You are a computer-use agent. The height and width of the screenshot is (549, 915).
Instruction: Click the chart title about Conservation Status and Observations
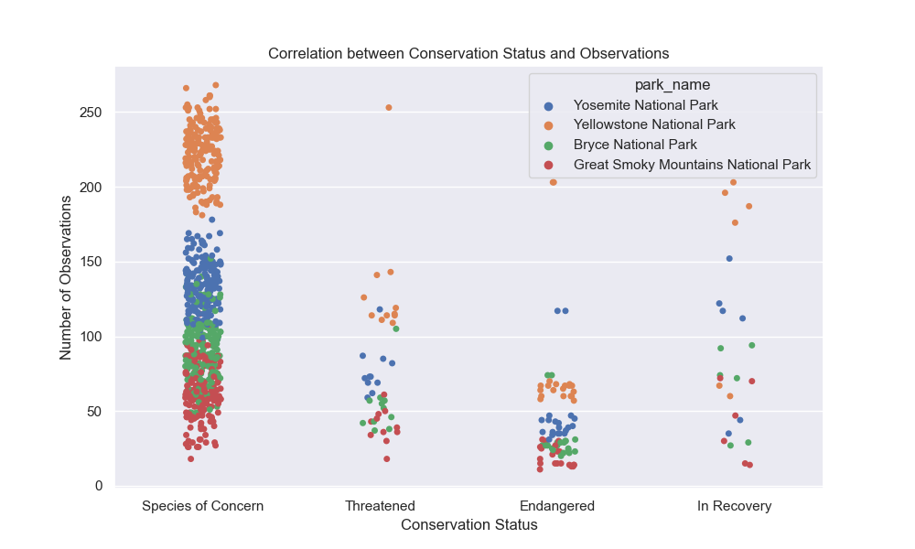tap(468, 54)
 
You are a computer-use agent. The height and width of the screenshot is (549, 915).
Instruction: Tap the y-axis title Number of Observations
tap(66, 276)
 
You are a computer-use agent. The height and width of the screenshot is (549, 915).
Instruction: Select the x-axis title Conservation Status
tap(468, 525)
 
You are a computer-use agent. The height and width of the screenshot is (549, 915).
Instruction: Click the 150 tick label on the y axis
tap(91, 262)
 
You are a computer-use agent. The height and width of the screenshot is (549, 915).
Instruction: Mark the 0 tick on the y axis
tap(100, 486)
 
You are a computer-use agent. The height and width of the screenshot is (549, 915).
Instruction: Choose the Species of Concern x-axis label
tap(202, 506)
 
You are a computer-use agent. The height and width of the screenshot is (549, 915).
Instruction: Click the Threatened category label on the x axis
tap(380, 506)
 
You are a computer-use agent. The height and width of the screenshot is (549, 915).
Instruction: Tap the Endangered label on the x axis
tap(557, 506)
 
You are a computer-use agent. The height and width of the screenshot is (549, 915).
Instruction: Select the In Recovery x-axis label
tap(734, 506)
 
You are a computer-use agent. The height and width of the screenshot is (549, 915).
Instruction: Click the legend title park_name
tap(673, 85)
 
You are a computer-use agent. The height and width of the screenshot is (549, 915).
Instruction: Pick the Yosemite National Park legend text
tap(645, 104)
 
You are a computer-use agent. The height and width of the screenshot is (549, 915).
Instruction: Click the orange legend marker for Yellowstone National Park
tap(548, 124)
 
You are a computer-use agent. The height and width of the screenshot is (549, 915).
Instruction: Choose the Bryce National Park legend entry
tap(635, 145)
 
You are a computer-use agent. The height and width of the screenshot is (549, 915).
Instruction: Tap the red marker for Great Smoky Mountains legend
tap(548, 166)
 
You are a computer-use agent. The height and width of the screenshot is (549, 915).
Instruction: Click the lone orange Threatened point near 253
tap(389, 108)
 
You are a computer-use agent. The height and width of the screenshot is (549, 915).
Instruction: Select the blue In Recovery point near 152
tap(729, 259)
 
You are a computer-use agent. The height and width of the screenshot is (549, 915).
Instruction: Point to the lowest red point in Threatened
tap(386, 459)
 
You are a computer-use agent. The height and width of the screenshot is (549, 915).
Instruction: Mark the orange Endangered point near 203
tap(553, 182)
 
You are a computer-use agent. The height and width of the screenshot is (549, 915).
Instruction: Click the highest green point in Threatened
tap(396, 328)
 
